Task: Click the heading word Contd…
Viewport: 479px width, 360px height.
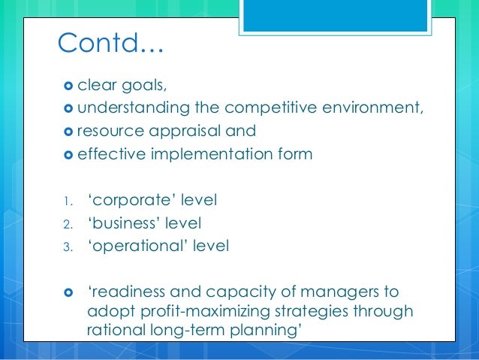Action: [110, 46]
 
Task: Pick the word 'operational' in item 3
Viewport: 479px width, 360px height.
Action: [133, 246]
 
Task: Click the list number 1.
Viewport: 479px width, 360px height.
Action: [65, 201]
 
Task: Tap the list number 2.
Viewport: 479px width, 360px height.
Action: [66, 224]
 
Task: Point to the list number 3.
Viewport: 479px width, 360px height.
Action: [66, 247]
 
